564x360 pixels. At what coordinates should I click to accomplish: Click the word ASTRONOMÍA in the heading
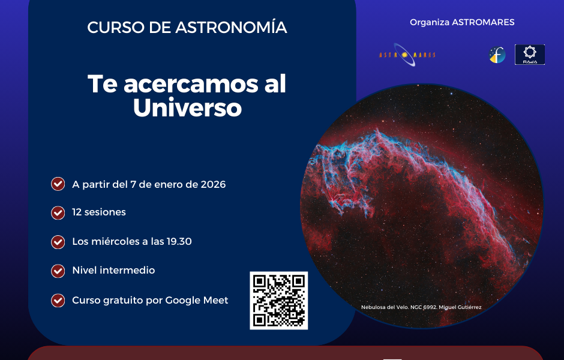tap(231, 27)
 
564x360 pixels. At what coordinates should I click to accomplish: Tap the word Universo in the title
tap(187, 107)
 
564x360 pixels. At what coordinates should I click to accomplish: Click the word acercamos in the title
tap(191, 84)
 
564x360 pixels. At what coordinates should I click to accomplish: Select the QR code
tap(279, 301)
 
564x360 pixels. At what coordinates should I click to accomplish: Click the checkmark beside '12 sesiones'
tap(58, 212)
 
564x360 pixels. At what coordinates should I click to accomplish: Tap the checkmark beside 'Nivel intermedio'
tap(58, 271)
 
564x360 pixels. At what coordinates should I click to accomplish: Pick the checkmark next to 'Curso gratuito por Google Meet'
tap(58, 300)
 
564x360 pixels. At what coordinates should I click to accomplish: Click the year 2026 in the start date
tap(213, 184)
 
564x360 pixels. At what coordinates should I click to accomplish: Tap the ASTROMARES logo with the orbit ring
tap(407, 55)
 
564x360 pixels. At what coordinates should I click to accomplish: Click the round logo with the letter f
tap(497, 55)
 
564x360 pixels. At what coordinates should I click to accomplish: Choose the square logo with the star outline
tap(530, 55)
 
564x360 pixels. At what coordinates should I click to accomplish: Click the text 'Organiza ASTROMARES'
tap(462, 22)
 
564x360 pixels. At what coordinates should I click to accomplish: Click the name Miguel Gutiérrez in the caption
tap(460, 307)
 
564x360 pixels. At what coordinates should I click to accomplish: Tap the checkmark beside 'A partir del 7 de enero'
tap(58, 184)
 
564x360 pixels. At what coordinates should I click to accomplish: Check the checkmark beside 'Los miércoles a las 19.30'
tap(58, 242)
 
